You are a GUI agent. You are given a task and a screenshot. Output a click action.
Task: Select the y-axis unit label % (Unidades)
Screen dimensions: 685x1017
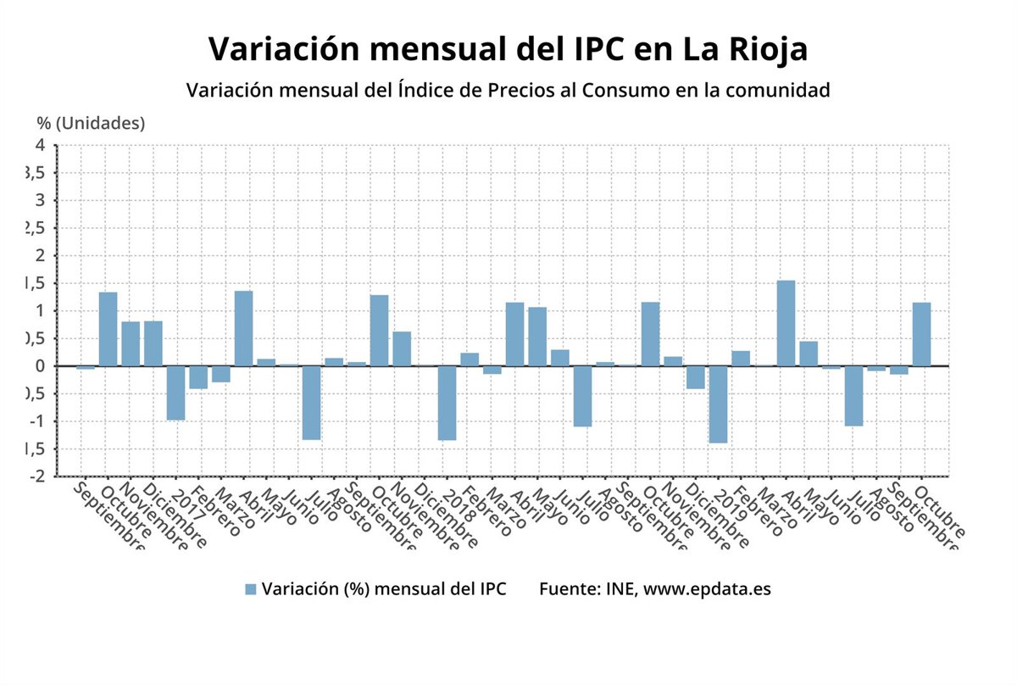[x=91, y=123]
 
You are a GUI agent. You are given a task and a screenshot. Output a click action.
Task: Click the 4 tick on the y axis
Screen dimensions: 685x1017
[x=40, y=145]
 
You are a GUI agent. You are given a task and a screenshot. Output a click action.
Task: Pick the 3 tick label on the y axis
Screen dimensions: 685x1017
[x=40, y=200]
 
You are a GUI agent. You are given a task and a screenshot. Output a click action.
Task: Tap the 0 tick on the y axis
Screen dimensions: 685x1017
[x=40, y=365]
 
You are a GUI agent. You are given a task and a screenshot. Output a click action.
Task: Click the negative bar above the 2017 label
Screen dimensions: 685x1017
[x=175, y=393]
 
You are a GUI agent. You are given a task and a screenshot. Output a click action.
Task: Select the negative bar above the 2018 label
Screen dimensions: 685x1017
[x=447, y=403]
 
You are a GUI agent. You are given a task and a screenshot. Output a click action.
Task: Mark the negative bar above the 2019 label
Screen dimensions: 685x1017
[x=718, y=404]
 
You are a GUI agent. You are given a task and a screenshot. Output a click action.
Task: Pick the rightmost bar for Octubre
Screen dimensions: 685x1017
[x=921, y=334]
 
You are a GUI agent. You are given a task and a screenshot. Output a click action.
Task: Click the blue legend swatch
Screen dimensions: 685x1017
[x=250, y=589]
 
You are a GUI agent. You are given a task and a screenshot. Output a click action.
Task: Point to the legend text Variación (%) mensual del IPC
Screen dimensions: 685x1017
[x=384, y=589]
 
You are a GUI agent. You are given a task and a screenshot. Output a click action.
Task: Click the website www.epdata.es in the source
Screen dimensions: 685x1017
[x=708, y=589]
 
